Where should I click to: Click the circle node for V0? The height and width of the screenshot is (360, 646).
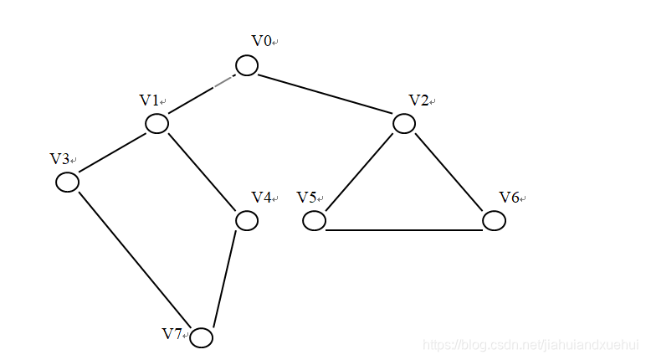(246, 65)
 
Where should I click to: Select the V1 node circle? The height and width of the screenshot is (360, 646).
(156, 124)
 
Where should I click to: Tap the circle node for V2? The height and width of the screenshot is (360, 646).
(404, 124)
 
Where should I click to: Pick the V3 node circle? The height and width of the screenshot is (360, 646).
(67, 182)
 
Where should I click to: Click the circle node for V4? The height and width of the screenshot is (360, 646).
(246, 220)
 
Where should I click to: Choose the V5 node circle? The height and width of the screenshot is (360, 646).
(314, 221)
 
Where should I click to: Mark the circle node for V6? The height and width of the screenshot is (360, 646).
(494, 221)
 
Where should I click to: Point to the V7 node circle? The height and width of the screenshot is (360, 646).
(201, 337)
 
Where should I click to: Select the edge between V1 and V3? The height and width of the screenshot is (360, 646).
(112, 153)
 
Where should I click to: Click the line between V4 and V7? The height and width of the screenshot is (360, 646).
(224, 279)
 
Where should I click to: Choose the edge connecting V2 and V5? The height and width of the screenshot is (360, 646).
(359, 172)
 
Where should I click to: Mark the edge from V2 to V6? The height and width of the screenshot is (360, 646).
(449, 172)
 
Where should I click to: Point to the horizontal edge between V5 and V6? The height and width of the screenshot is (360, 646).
(404, 228)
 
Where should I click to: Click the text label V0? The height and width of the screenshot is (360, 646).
(262, 41)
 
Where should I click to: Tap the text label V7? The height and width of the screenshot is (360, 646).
(172, 334)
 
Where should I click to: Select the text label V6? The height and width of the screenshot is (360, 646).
(510, 198)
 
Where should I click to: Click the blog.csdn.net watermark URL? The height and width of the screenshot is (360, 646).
(531, 345)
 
